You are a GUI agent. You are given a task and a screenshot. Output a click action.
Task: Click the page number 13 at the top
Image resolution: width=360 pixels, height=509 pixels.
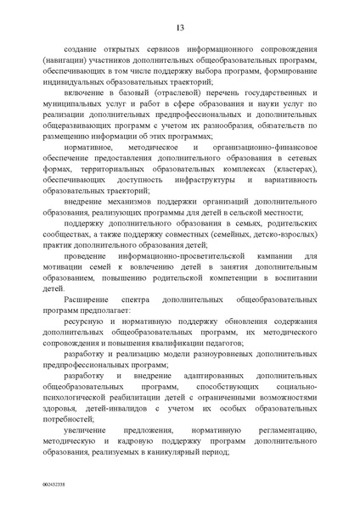pos(180,29)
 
